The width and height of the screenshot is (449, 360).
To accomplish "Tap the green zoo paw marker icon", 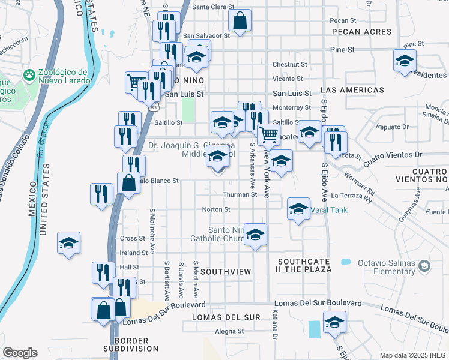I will [x=29, y=75].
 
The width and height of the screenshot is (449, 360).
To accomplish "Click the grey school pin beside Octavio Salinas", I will [x=424, y=265].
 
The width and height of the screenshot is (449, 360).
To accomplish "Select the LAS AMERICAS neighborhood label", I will [x=352, y=90].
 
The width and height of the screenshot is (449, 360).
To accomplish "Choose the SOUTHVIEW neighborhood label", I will [x=226, y=272].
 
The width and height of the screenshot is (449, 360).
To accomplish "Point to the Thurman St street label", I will [x=240, y=195].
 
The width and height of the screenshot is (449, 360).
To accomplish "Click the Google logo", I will [x=20, y=353].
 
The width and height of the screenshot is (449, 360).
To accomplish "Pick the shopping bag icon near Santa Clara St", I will [x=240, y=22].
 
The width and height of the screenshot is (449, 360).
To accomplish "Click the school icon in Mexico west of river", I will [x=69, y=244].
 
